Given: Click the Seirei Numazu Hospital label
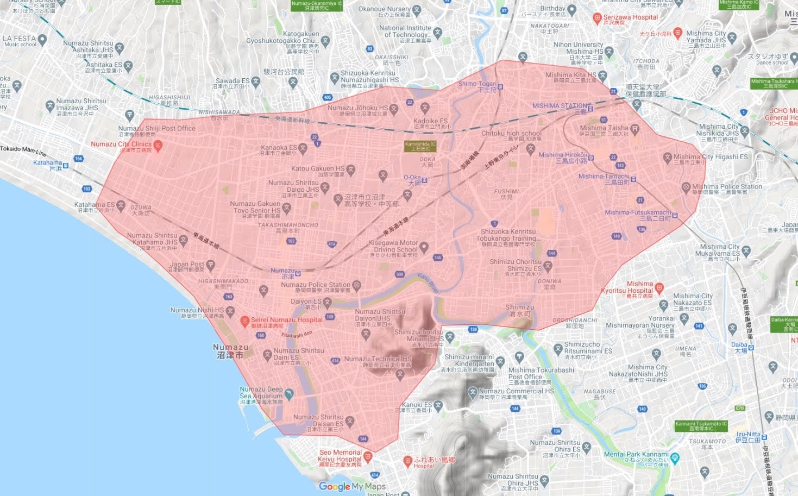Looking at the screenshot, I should [x=286, y=320].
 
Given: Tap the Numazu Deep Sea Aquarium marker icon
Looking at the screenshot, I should [x=289, y=393].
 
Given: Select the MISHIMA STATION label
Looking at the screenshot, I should [x=560, y=106].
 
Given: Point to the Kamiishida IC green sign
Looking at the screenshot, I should [x=420, y=146].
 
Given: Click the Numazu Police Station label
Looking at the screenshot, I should [x=316, y=285].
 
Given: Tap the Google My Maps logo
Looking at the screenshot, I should [x=352, y=486].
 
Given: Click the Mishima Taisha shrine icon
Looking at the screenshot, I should [x=634, y=129].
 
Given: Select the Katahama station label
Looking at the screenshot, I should [x=48, y=163].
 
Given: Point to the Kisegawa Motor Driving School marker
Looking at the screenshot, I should [x=424, y=247].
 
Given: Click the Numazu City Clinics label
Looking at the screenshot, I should [x=121, y=145].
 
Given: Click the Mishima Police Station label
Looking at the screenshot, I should [x=727, y=187].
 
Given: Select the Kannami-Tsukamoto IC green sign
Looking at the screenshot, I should [x=701, y=426].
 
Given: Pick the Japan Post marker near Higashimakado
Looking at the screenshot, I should [x=210, y=265].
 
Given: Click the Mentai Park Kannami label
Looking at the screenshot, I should [x=636, y=454].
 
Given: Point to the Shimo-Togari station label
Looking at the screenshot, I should [x=477, y=84].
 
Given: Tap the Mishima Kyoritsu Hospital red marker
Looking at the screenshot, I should [x=659, y=287].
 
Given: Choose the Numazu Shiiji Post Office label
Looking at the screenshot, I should [x=156, y=129].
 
